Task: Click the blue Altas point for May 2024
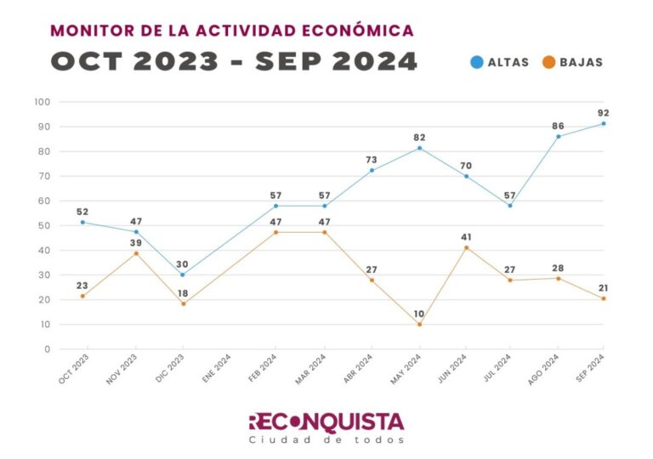click(x=419, y=148)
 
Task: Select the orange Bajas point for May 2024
click(x=419, y=324)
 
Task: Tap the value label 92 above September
click(x=604, y=113)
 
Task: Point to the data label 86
click(x=558, y=126)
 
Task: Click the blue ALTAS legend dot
click(x=477, y=62)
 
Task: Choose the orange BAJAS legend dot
click(x=548, y=62)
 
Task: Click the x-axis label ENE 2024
click(x=216, y=370)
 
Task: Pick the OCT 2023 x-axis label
click(x=73, y=371)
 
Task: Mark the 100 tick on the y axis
click(x=43, y=102)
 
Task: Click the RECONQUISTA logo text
click(x=326, y=422)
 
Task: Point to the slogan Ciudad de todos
click(x=326, y=440)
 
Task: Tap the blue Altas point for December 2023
click(x=182, y=275)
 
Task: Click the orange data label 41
click(x=466, y=237)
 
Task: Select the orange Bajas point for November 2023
click(x=136, y=253)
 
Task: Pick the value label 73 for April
click(x=372, y=160)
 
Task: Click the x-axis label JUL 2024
click(x=500, y=370)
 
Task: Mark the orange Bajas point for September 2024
click(x=604, y=298)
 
